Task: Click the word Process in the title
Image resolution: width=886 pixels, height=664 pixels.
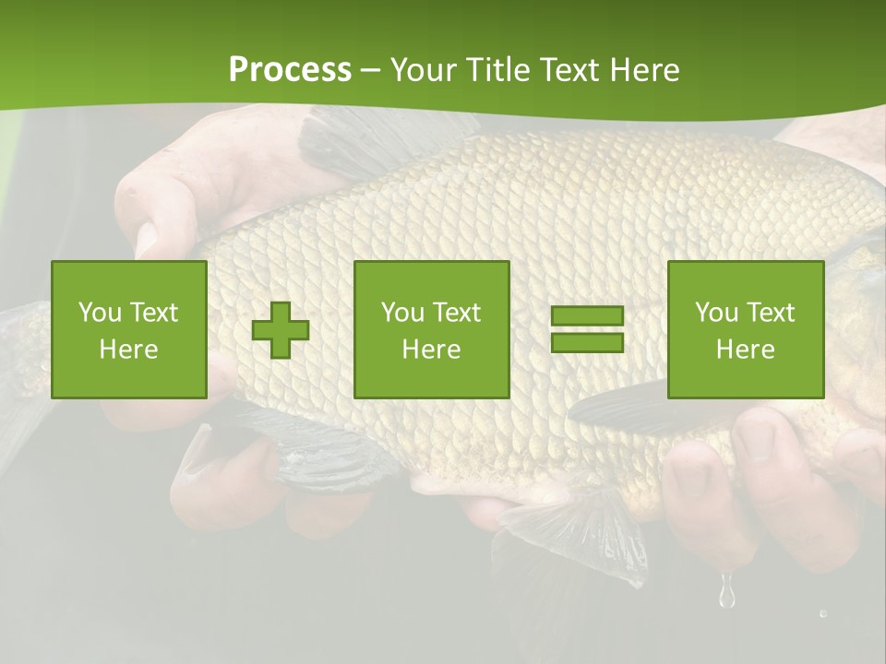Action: point(290,70)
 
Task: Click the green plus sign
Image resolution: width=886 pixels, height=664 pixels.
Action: point(281,330)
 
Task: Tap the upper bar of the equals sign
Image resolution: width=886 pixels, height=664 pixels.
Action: point(587,316)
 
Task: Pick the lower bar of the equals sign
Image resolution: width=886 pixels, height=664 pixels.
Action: point(587,342)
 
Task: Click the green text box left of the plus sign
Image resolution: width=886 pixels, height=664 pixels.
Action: point(128,329)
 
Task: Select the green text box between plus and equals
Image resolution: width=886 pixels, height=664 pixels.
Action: point(431,329)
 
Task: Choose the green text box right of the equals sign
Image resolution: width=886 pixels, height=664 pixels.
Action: point(745,329)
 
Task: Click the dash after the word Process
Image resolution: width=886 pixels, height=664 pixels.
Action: point(369,71)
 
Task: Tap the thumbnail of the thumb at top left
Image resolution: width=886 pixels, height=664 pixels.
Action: point(146,239)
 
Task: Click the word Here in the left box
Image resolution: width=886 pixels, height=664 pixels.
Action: point(128,350)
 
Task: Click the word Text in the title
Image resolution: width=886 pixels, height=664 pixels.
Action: point(569,70)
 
